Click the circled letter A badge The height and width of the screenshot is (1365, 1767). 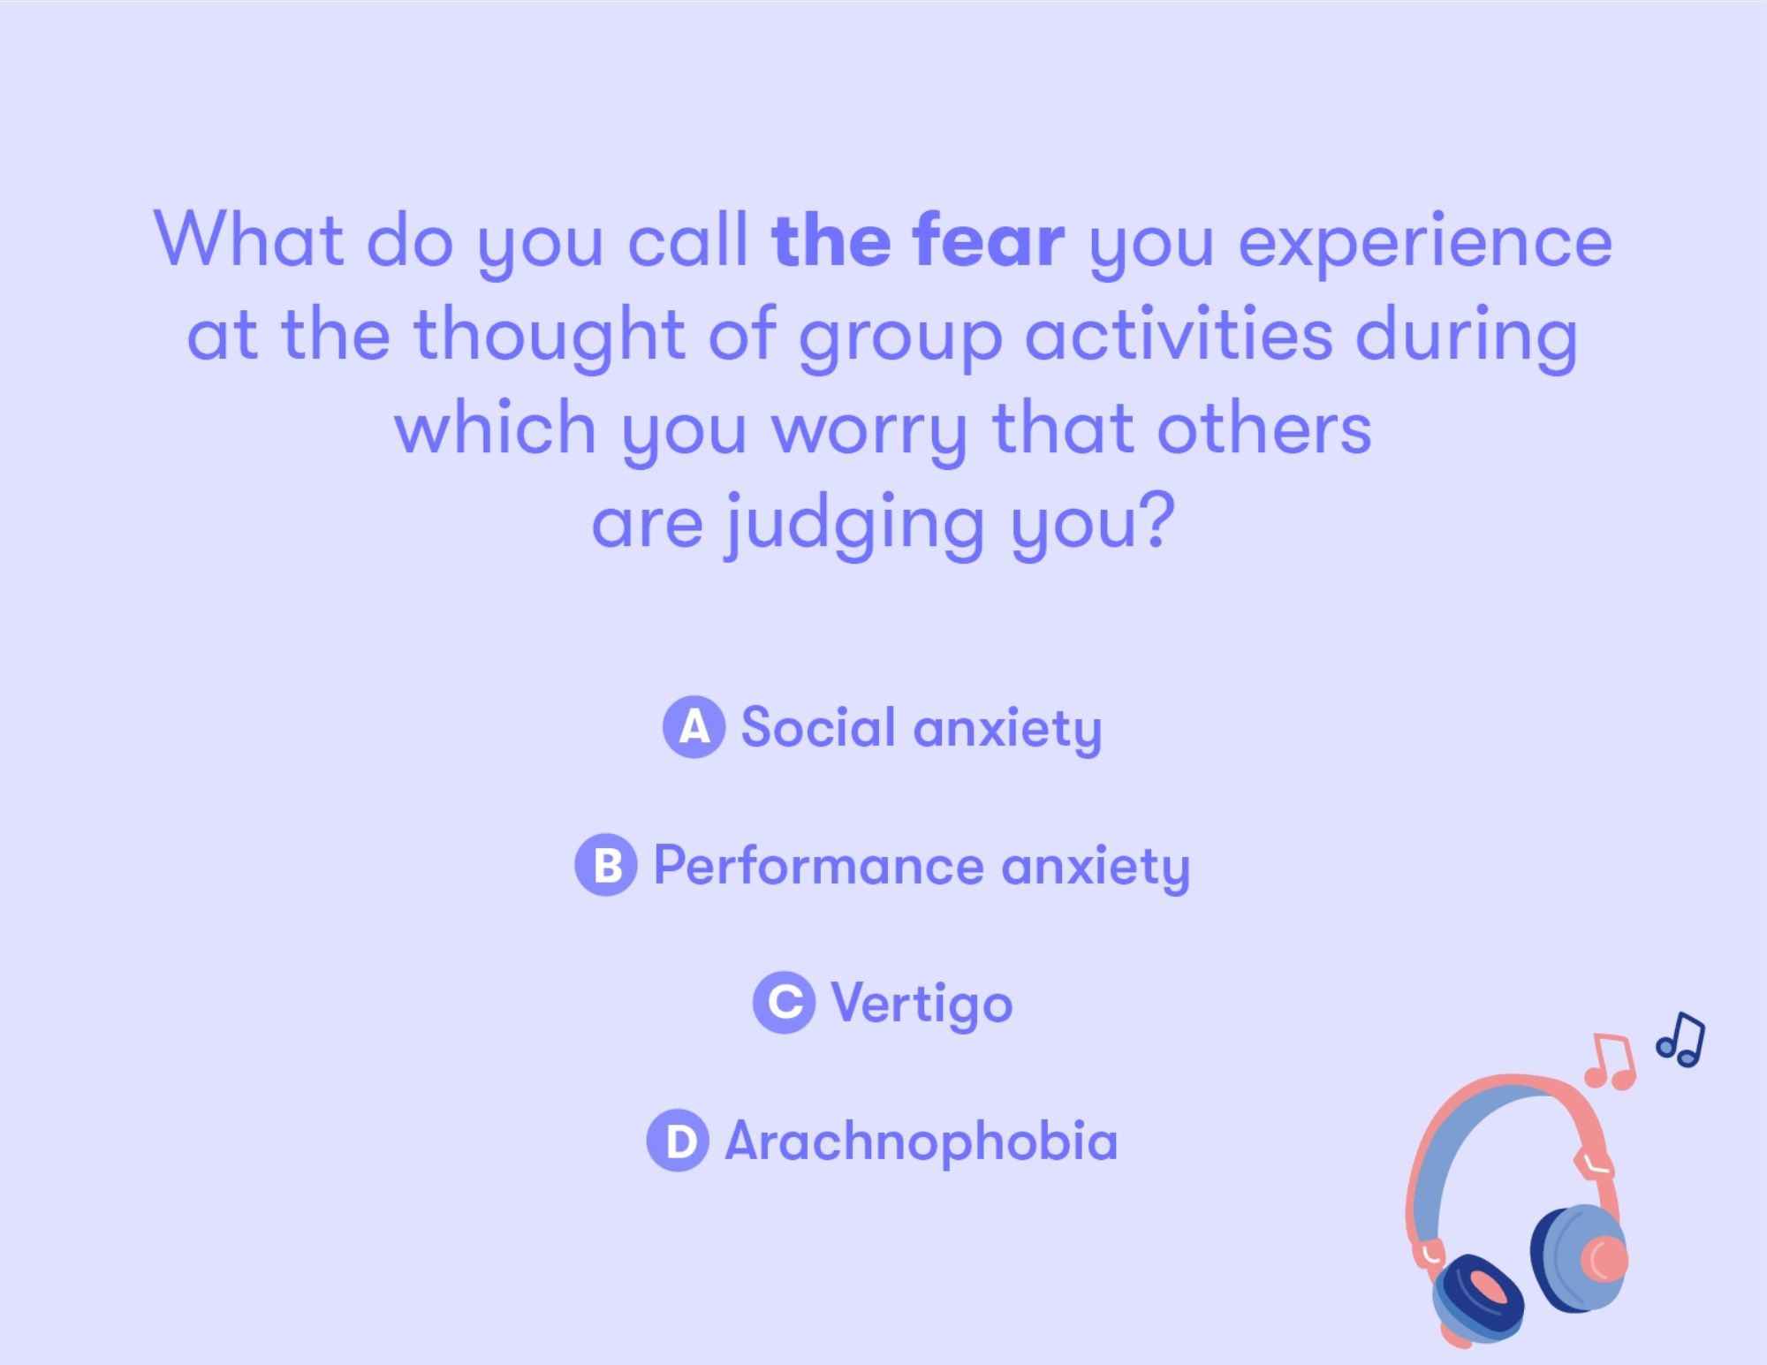(x=694, y=727)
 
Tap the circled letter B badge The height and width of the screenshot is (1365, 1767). (x=606, y=865)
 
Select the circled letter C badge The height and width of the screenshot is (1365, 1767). (x=785, y=1003)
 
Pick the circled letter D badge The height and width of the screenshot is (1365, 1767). (x=678, y=1141)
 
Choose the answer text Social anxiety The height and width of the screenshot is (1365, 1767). (x=921, y=730)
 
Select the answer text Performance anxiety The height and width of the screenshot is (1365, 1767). (x=921, y=867)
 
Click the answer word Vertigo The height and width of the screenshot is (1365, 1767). (x=921, y=1005)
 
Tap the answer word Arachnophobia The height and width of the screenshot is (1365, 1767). (x=921, y=1141)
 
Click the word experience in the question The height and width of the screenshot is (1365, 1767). (x=1425, y=245)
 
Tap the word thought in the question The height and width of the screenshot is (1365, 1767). (x=550, y=338)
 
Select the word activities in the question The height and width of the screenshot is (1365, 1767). (x=1179, y=334)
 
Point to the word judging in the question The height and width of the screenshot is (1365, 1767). (x=854, y=527)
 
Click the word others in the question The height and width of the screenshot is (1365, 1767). (x=1264, y=428)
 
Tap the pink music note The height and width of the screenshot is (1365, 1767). (x=1611, y=1060)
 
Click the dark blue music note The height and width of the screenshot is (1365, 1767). (x=1680, y=1039)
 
